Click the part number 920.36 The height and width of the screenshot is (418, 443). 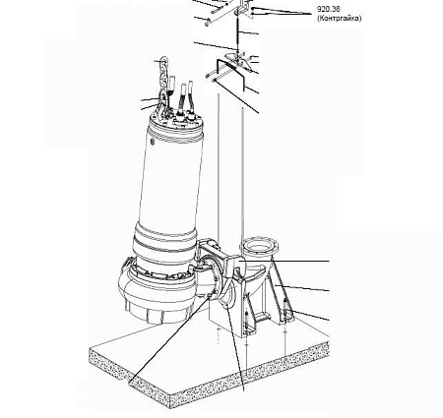pos(329,9)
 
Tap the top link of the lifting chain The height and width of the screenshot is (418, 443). pos(163,62)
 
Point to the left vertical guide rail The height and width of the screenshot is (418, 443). pos(219,164)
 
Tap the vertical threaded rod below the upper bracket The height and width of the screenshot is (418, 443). pos(237,32)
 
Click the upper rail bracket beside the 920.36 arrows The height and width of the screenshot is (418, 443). pos(244,7)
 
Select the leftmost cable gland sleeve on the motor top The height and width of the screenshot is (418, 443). pos(171,86)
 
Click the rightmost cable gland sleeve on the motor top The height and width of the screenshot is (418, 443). pos(190,95)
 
